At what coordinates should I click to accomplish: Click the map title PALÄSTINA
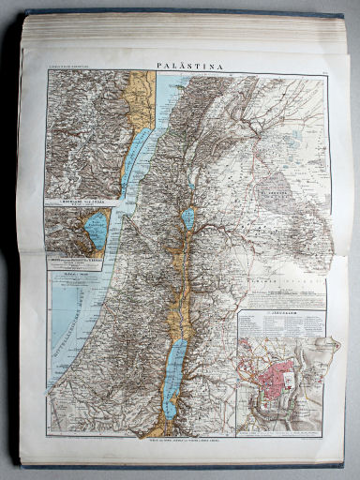(x=185, y=67)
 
